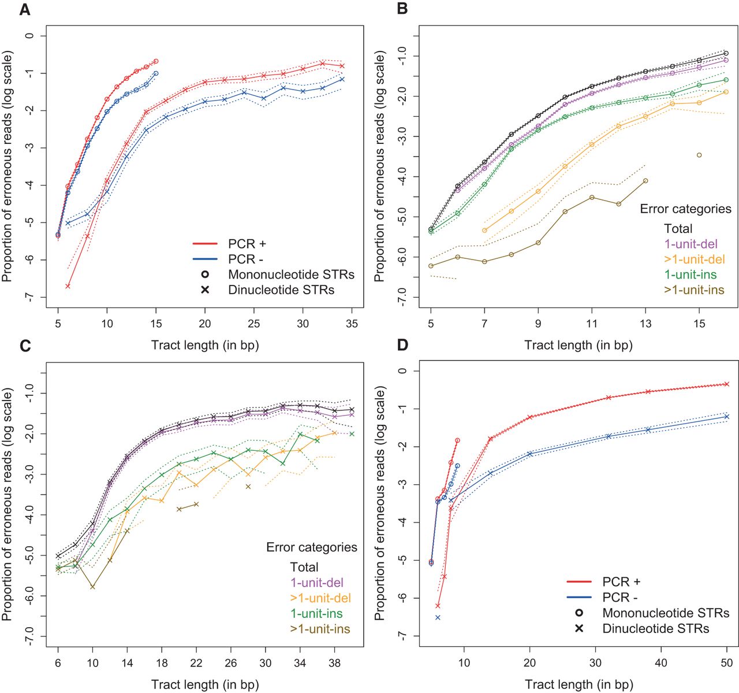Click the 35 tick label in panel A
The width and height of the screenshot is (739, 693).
(351, 324)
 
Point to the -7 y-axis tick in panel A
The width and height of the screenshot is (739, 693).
(28, 297)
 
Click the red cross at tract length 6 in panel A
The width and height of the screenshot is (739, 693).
(68, 286)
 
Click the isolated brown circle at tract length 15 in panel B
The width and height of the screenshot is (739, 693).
(699, 155)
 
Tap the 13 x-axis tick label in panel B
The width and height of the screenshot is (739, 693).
(645, 324)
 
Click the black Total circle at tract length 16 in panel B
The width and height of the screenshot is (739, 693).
(726, 53)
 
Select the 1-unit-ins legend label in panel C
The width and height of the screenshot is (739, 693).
(316, 613)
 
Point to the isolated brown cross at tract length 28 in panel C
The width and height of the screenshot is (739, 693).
(248, 487)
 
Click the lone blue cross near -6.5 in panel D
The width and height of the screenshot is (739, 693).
(438, 617)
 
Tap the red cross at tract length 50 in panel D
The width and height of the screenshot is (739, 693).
(727, 384)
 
